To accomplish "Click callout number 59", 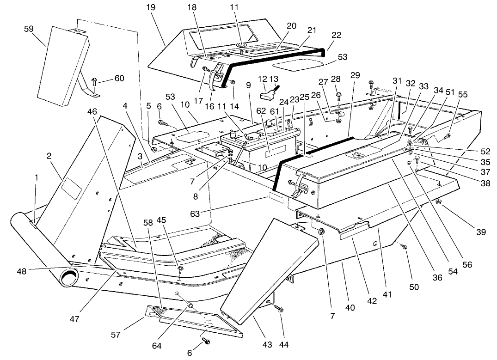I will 29,29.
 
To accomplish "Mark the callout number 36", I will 437,277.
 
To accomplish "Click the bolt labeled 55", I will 448,136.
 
